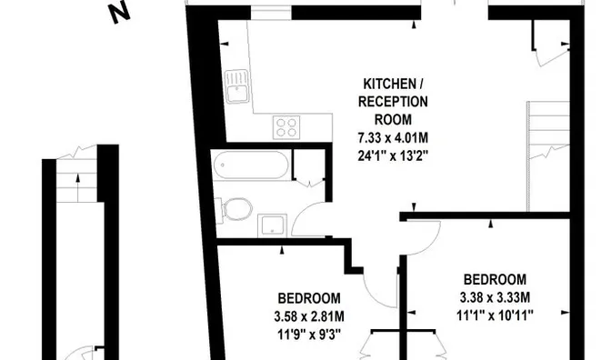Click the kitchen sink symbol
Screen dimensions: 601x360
pyautogui.click(x=236, y=86)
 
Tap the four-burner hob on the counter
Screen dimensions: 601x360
pyautogui.click(x=286, y=127)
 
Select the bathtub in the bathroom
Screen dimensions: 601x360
pyautogui.click(x=251, y=165)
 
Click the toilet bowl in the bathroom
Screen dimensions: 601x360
pyautogui.click(x=235, y=209)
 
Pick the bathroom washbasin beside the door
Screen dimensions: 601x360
pyautogui.click(x=272, y=225)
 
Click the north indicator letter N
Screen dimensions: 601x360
pyautogui.click(x=120, y=14)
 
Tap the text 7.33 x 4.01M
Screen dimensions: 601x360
pyautogui.click(x=393, y=137)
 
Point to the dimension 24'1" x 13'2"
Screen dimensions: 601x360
pyautogui.click(x=393, y=155)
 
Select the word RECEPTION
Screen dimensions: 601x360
pyautogui.click(x=393, y=102)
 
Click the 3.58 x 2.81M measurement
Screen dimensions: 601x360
pyautogui.click(x=309, y=316)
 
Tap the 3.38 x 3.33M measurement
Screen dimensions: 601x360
pyautogui.click(x=495, y=297)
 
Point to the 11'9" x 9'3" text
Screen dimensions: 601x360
pyautogui.click(x=309, y=335)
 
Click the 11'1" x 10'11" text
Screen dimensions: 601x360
pyautogui.click(x=495, y=315)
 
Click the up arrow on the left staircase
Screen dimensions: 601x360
pyautogui.click(x=78, y=188)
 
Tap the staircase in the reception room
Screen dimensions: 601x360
pyautogui.click(x=548, y=156)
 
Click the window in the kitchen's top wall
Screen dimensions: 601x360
pyautogui.click(x=271, y=12)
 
